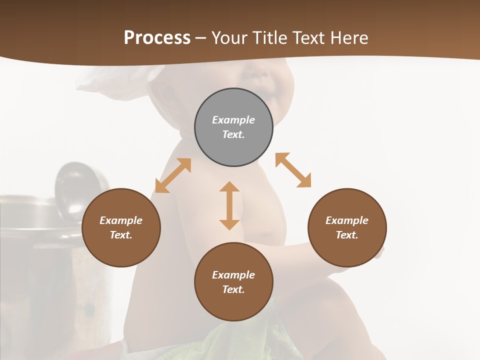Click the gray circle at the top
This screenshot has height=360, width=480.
[233, 127]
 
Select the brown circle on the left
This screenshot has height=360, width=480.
[121, 227]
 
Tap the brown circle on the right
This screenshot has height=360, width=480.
[347, 227]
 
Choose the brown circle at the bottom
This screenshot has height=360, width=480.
[233, 282]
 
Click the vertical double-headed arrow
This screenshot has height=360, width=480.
[229, 205]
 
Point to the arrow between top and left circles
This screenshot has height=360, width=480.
[173, 175]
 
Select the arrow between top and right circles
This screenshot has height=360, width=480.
[293, 170]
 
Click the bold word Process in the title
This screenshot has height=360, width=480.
[157, 37]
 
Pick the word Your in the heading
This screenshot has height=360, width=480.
[228, 37]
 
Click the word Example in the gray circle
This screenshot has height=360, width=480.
[233, 120]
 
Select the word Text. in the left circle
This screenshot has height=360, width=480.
[121, 235]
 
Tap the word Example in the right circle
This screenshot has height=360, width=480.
[347, 220]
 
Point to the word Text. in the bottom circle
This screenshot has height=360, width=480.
[233, 289]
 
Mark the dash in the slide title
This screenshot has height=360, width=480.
[200, 38]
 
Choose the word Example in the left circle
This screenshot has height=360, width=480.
[121, 220]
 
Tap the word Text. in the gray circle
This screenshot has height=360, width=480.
[233, 134]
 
